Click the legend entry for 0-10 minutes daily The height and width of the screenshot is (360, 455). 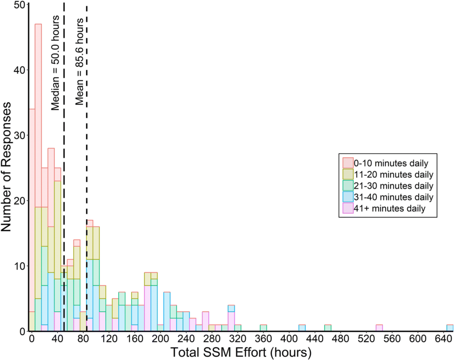tap(385, 163)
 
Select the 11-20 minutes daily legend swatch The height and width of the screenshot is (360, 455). tap(348, 174)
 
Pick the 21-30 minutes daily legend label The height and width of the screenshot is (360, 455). tap(394, 186)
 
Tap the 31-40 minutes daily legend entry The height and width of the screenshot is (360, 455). tap(388, 197)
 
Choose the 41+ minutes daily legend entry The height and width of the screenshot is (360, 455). tap(384, 208)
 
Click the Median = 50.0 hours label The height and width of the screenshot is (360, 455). tap(55, 63)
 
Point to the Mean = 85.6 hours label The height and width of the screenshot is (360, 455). tap(79, 61)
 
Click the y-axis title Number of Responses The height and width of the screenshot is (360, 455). tap(6, 166)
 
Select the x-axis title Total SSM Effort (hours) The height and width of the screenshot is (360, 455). tap(241, 352)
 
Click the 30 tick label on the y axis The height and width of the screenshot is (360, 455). tap(20, 135)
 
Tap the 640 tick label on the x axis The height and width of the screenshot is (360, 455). tap(444, 339)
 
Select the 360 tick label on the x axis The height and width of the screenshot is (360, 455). tap(263, 339)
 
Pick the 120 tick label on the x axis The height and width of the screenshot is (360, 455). tap(109, 339)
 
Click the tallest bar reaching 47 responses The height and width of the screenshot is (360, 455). tap(38, 178)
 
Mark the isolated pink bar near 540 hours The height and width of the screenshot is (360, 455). tap(379, 328)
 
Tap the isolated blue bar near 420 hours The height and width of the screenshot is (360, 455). tap(302, 328)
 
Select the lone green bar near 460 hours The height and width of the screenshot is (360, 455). tap(328, 328)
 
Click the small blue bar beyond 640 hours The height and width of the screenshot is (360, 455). tap(450, 328)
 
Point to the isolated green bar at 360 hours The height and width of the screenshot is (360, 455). tap(263, 328)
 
